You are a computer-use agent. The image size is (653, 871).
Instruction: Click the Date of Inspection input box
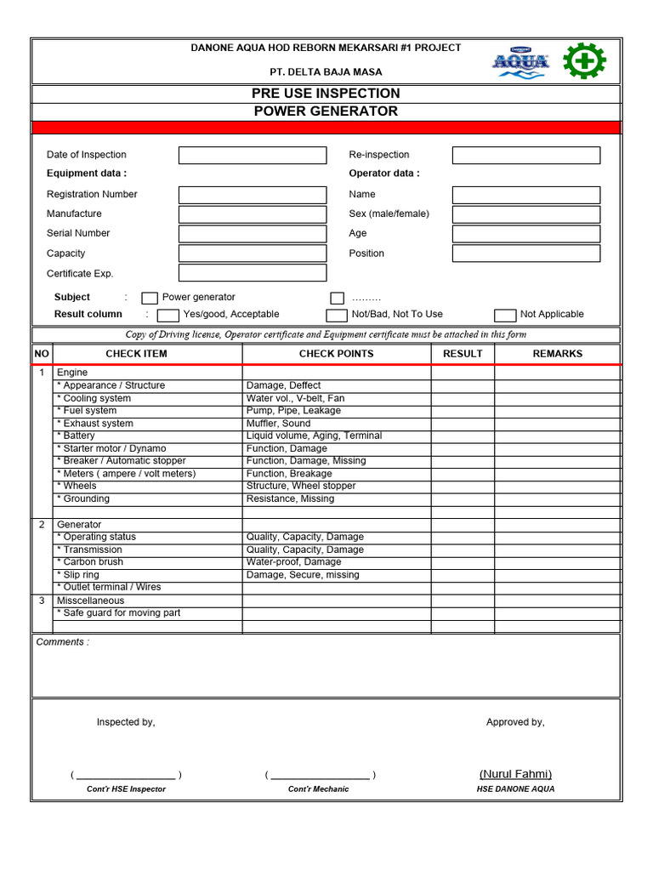[252, 155]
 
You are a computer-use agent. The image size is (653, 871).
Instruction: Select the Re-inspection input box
[525, 155]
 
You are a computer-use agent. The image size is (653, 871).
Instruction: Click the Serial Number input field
[252, 234]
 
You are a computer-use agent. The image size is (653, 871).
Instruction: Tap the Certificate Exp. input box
[252, 273]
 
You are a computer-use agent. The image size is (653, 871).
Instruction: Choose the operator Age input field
[525, 234]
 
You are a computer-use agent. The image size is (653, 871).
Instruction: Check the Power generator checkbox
[150, 298]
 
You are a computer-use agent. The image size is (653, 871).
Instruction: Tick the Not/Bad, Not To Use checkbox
[337, 316]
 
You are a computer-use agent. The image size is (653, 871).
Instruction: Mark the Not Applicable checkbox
[505, 316]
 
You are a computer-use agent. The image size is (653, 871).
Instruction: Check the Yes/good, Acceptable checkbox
[168, 316]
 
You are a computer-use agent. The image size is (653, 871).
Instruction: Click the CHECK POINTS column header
[336, 354]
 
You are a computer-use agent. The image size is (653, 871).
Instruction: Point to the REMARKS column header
[557, 354]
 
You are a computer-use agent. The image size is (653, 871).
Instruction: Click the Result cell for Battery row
[463, 436]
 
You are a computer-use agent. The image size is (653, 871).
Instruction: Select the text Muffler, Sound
[278, 424]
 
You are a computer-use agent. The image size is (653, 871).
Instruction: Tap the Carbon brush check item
[90, 562]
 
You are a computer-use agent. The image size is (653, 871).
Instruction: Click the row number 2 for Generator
[42, 525]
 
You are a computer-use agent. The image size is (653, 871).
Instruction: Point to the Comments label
[62, 642]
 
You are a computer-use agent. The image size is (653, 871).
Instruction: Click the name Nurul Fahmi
[515, 774]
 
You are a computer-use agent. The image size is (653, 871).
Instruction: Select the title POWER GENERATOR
[326, 111]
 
